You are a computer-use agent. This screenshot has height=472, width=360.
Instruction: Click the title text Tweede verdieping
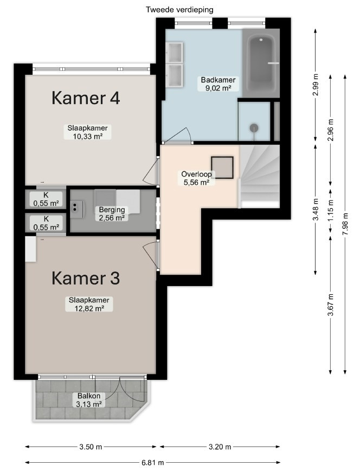179,10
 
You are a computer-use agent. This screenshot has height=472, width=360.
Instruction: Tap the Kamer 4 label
86,98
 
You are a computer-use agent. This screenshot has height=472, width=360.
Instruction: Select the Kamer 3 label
86,278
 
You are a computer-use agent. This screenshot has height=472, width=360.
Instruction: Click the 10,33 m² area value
88,136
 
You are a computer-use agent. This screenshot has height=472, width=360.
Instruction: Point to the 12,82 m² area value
89,308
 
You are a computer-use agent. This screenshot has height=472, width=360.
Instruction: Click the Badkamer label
218,80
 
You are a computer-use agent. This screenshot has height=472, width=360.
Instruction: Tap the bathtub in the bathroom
261,63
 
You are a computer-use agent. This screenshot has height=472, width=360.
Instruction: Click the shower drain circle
254,128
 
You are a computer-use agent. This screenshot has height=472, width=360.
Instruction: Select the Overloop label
196,174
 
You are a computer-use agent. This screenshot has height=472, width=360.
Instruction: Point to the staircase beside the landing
260,176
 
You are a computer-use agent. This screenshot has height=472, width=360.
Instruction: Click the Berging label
112,210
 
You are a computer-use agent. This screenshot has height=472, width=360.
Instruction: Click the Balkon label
89,396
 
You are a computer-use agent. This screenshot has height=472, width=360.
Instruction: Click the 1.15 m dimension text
331,211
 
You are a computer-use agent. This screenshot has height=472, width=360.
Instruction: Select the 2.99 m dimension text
316,85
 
